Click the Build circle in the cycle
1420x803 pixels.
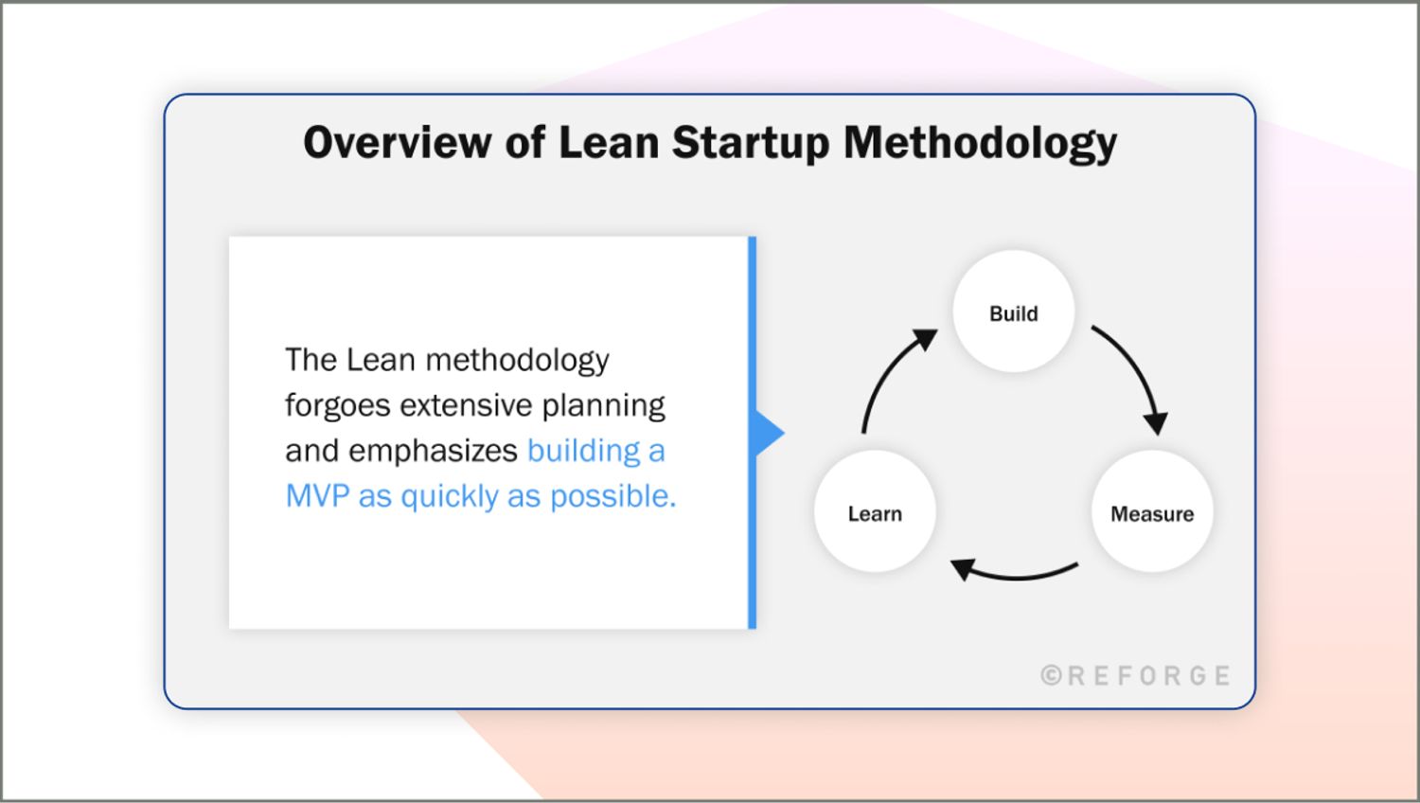tap(1013, 312)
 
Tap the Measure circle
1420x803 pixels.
tap(1151, 512)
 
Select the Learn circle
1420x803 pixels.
tap(875, 512)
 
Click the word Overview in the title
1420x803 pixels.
tap(397, 143)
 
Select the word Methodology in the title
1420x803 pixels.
tap(980, 143)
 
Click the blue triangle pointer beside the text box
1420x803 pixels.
tap(768, 433)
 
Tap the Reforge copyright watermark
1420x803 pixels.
tap(1135, 675)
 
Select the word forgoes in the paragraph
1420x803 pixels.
tap(337, 406)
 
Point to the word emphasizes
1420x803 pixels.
tap(433, 451)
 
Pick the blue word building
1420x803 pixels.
tap(583, 451)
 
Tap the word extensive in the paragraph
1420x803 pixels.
tap(465, 406)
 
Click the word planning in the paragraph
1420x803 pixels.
tap(603, 406)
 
